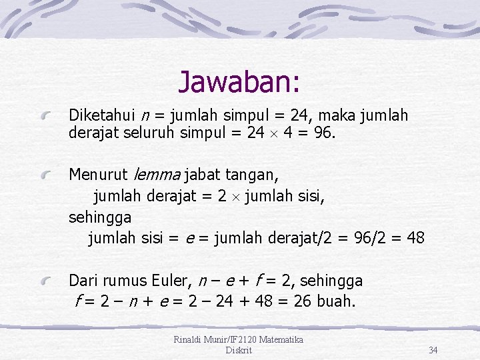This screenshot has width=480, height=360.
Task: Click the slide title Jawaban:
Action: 239,82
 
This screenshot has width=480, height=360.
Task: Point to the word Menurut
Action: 98,175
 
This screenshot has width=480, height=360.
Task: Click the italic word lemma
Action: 157,175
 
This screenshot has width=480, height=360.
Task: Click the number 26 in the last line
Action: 302,301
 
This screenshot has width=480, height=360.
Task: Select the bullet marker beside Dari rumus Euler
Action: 45,282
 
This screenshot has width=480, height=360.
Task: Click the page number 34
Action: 433,350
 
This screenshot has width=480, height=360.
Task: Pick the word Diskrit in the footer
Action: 239,350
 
